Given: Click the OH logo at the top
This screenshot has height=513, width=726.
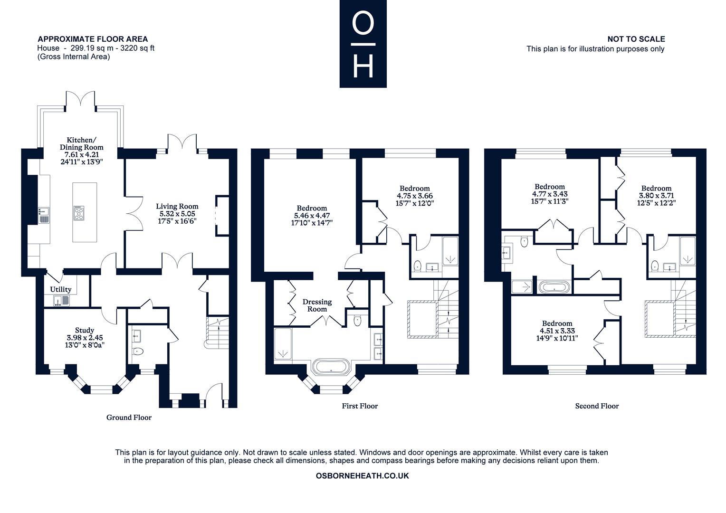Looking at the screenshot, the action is pos(363,44).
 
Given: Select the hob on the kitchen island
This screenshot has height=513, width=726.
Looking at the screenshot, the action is pos(79,213).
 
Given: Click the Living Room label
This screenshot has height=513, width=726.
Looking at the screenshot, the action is pos(177,206).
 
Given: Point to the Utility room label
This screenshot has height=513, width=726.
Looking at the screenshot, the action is pos(61,289).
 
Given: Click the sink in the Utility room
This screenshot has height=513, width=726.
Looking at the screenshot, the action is pos(62,301).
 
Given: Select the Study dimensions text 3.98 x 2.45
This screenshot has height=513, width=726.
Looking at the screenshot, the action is pos(85,337).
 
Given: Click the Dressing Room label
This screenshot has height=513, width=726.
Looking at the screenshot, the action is pos(317,305).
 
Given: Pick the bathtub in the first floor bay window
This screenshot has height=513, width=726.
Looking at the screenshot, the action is pos(331,367).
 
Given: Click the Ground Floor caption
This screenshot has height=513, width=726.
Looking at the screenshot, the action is pos(129,418).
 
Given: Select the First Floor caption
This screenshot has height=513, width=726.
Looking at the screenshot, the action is pos(360,406).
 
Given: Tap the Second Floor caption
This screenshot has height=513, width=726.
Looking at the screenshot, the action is pos(597,406).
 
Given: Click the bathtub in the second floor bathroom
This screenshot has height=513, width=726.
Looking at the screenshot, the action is pos(554,287).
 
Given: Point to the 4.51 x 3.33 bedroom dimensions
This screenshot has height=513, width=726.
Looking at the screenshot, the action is pos(557,331).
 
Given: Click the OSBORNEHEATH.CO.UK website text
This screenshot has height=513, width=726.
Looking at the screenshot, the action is pos(363,476).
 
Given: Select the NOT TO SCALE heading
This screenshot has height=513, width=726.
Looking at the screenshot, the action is pos(636,39).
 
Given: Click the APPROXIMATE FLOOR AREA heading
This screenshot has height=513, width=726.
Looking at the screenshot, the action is pos(93,39).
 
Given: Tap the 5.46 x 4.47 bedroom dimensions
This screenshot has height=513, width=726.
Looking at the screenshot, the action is pos(312,216).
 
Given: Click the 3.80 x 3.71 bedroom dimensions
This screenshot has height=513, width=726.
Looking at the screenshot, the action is pos(656,196).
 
